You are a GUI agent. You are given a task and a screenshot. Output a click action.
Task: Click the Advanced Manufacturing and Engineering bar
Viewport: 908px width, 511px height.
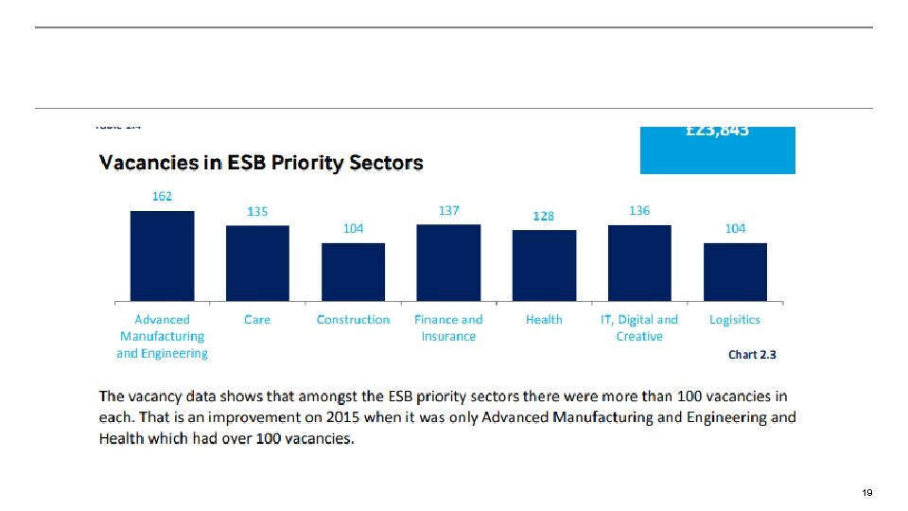pos(162,255)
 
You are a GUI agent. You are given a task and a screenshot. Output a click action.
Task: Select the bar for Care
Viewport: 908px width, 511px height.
pos(257,263)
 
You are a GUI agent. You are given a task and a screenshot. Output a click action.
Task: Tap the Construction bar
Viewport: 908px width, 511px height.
pos(353,272)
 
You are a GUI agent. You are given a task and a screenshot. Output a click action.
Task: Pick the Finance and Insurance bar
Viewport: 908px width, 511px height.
pos(448,262)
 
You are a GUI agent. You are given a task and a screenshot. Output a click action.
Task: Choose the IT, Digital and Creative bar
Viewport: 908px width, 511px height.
pos(639,262)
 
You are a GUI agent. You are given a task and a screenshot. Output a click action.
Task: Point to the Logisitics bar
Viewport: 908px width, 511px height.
pos(735,272)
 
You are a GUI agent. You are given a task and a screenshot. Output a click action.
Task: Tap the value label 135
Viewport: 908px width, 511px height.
pos(257,212)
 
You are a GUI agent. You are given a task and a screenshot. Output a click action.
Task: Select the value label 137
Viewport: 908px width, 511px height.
pos(448,210)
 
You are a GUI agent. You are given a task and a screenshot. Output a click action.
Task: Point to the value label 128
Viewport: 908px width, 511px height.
pos(543,217)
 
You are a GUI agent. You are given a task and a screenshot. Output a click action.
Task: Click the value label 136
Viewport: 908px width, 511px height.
pos(639,210)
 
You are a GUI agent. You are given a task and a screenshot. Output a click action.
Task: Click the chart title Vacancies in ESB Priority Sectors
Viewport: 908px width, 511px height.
pos(261,163)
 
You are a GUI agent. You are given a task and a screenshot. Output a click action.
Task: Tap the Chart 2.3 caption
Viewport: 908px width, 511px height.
pos(752,355)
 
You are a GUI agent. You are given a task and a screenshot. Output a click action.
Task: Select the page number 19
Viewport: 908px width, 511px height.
pos(866,493)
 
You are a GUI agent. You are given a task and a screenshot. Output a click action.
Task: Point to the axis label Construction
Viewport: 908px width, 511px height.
pos(353,320)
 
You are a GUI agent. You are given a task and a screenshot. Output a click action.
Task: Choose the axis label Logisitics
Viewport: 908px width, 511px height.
pos(735,320)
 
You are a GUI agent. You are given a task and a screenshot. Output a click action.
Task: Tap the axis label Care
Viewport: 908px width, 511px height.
pos(257,320)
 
